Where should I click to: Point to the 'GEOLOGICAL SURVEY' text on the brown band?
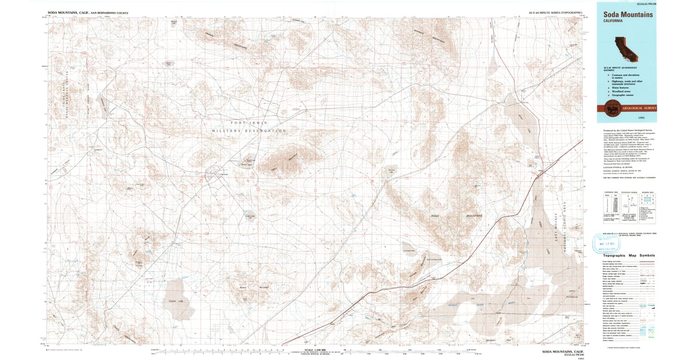(x=639, y=107)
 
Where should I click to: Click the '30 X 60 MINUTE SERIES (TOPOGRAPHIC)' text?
(x=556, y=12)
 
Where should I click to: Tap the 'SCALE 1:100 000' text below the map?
(x=317, y=350)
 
